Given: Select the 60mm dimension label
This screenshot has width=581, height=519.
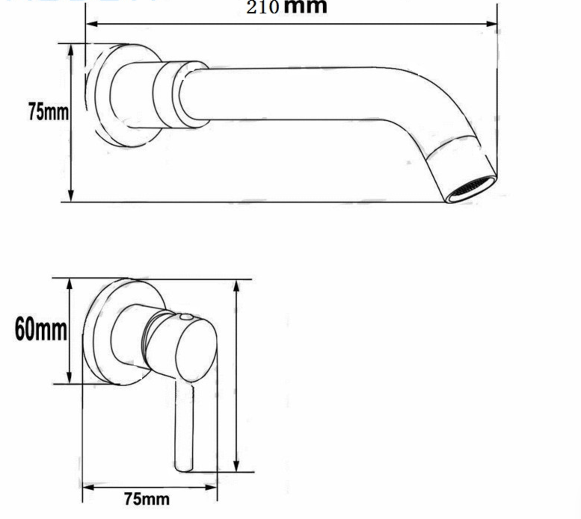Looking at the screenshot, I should coord(41,329).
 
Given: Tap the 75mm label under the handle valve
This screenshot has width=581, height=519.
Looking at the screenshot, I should coord(147,499).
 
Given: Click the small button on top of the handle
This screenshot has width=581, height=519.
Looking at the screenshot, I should coord(185,317).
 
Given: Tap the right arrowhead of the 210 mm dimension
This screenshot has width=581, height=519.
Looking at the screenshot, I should coord(491,24).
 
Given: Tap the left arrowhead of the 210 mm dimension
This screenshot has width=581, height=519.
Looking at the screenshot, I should coord(92,24).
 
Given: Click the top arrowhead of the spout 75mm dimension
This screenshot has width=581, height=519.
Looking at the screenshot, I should coord(71,50).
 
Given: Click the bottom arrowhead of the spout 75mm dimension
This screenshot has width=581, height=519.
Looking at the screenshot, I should coord(71,195).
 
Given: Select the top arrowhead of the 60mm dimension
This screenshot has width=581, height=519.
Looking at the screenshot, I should coord(69,285).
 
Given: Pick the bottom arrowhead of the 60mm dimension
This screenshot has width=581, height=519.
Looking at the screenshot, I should coord(69,377).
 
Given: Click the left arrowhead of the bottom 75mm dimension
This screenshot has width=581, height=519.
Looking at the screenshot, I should coord(88,487).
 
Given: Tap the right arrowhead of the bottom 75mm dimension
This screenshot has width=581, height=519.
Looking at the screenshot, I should coord(211,487).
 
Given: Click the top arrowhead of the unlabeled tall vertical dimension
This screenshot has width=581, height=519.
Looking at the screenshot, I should coord(236,287).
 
